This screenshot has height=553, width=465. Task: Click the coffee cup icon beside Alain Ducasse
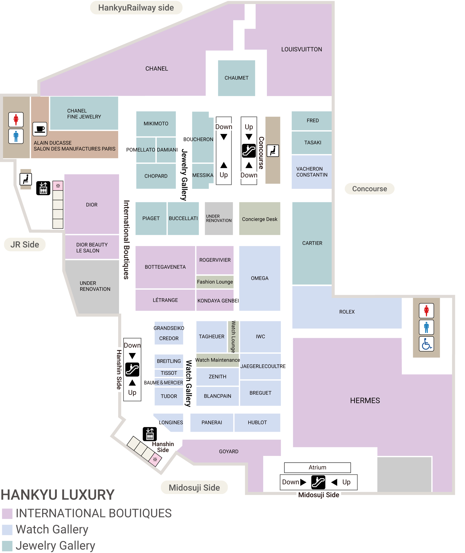(x=40, y=129)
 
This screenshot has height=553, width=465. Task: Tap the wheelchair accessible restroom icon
(x=426, y=344)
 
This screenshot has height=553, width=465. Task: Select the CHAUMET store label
(x=236, y=78)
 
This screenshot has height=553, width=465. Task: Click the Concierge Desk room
(x=260, y=219)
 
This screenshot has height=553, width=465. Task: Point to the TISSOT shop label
(x=169, y=373)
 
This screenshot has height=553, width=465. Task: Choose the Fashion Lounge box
(x=215, y=282)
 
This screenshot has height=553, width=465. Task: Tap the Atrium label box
(x=317, y=468)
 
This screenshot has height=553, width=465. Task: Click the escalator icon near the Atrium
(x=318, y=482)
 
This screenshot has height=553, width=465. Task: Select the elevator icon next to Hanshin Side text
(x=150, y=434)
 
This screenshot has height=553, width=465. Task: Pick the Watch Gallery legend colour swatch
(x=7, y=530)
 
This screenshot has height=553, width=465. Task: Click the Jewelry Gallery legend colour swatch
(x=7, y=546)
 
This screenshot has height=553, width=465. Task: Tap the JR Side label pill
(x=25, y=244)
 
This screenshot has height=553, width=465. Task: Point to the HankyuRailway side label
(x=136, y=8)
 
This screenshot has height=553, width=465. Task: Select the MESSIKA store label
(x=203, y=175)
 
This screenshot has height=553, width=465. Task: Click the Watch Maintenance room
(x=217, y=360)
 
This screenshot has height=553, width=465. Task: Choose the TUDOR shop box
(x=169, y=396)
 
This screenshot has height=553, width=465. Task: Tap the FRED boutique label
(x=313, y=120)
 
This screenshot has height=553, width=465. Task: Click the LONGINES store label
(x=171, y=422)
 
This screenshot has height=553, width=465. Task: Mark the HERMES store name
(x=365, y=400)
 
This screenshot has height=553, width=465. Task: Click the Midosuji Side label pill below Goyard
(x=194, y=488)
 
